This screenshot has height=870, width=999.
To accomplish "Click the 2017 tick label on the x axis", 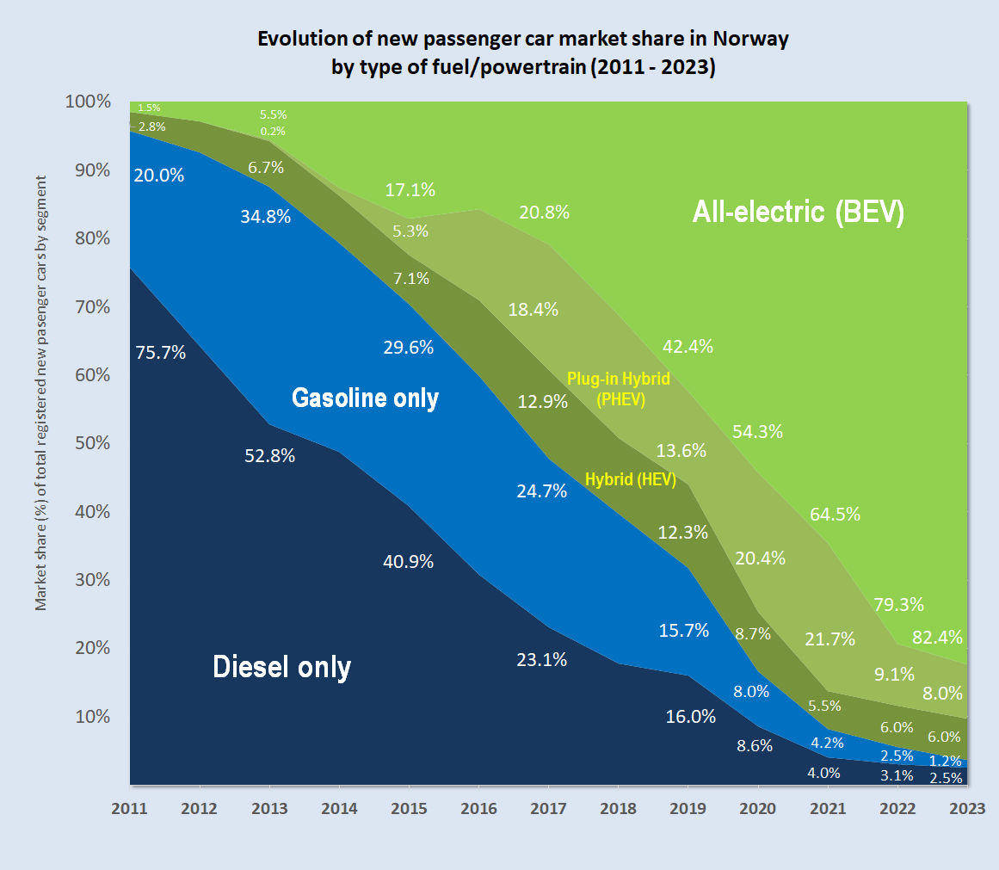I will pyautogui.click(x=548, y=810).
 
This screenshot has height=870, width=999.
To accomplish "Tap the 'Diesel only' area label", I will pyautogui.click(x=281, y=667).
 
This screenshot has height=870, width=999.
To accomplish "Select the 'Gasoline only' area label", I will pyautogui.click(x=365, y=398).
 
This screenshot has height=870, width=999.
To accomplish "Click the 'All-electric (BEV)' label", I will pyautogui.click(x=798, y=213).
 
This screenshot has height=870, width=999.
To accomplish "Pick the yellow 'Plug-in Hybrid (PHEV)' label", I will pyautogui.click(x=618, y=389).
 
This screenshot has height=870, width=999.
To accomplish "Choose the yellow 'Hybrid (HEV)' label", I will pyautogui.click(x=631, y=479).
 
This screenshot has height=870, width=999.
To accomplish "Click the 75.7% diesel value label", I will pyautogui.click(x=161, y=351).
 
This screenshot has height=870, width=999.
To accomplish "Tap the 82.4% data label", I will pyautogui.click(x=937, y=638).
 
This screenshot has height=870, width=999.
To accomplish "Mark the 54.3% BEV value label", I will pyautogui.click(x=757, y=431).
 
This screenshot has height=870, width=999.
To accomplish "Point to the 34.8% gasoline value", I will pyautogui.click(x=265, y=216).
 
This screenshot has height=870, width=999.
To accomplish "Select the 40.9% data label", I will pyautogui.click(x=408, y=562).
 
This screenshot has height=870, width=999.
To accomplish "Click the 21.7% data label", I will pyautogui.click(x=830, y=639).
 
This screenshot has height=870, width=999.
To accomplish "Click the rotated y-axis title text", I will pyautogui.click(x=40, y=393).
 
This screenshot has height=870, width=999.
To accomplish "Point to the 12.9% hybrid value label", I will pyautogui.click(x=542, y=401).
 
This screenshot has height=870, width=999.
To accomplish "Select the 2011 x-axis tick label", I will pyautogui.click(x=130, y=810).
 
